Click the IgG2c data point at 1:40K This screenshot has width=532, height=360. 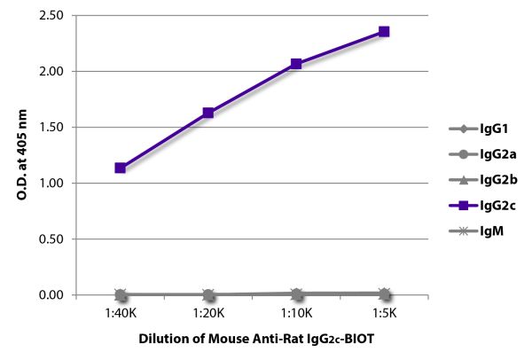point(120,168)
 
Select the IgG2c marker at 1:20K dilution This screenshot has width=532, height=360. point(207,113)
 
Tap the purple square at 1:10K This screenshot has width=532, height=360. point(296,64)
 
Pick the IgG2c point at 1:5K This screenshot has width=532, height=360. point(384,32)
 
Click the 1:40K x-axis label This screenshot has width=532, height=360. point(120,314)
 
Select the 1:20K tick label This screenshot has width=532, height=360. point(207,314)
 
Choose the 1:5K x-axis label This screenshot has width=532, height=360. point(384,314)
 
